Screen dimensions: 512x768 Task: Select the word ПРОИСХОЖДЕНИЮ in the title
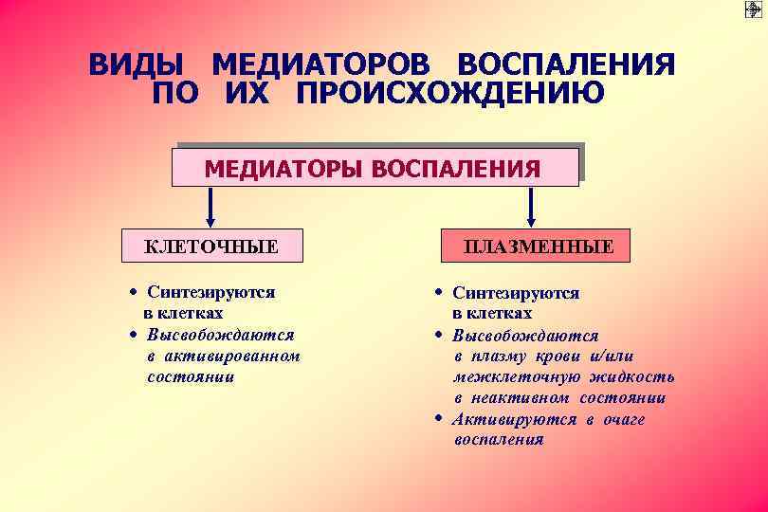tap(449, 95)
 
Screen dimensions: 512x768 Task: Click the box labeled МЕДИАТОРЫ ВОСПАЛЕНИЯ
tap(374, 167)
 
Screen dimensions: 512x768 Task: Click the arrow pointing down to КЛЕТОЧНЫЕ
tap(211, 206)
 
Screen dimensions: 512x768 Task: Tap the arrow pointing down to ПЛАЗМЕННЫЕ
tap(531, 206)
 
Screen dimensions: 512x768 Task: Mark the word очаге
tap(622, 419)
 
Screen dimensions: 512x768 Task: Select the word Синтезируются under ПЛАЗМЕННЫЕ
tap(516, 294)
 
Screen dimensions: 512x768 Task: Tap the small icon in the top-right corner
tap(754, 9)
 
